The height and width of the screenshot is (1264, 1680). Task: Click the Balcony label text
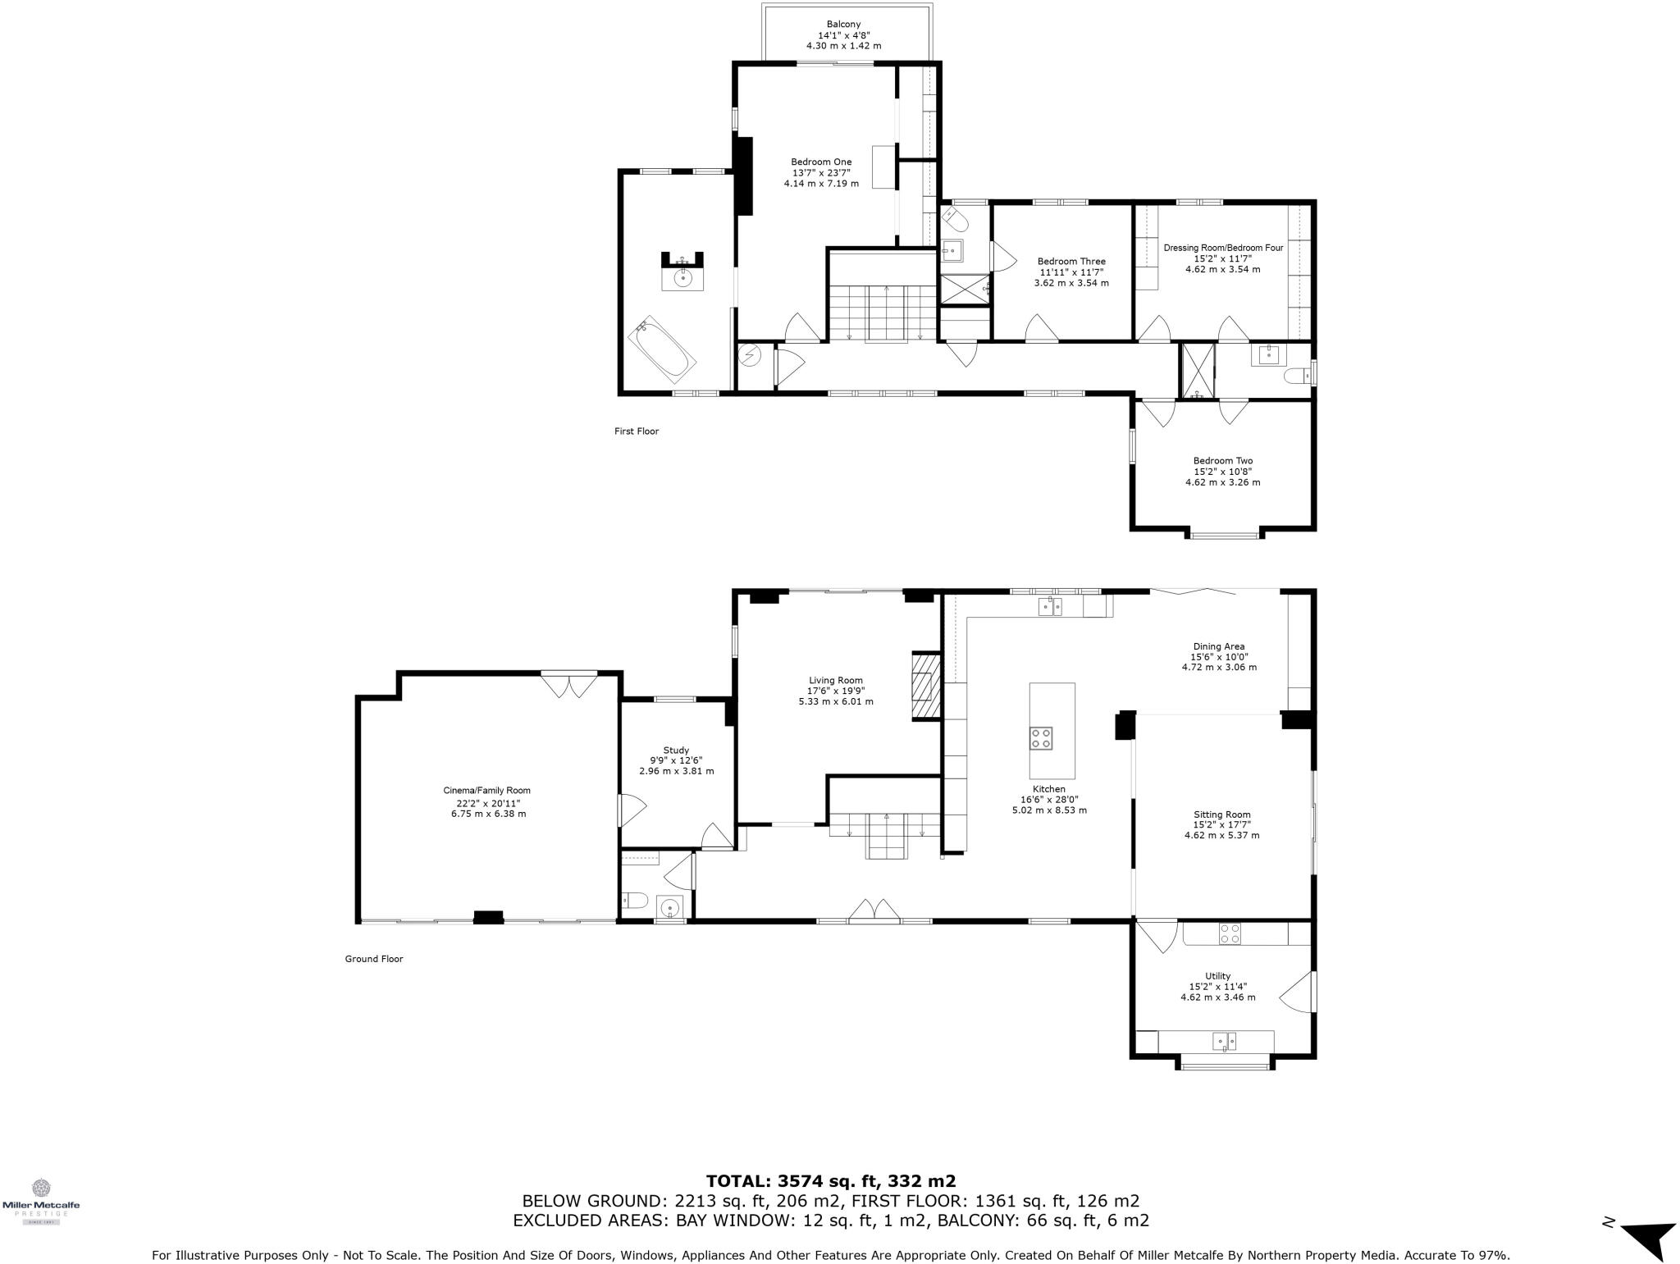pos(843,25)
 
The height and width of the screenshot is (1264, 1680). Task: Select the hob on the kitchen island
pos(1041,737)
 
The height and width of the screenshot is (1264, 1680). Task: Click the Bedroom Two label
pos(1222,461)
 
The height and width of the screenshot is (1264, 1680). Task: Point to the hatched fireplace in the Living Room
pos(926,686)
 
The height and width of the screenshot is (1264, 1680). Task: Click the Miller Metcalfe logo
pos(41,1200)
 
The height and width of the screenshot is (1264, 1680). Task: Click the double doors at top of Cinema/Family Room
pos(568,685)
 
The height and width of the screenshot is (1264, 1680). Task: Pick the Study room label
pos(676,750)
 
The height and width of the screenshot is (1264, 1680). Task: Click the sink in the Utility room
pos(1225,1041)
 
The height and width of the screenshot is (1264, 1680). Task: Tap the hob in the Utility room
pos(1230,933)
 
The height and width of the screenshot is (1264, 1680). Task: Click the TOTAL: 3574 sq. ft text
pos(830,1181)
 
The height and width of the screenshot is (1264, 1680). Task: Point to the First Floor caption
pos(637,431)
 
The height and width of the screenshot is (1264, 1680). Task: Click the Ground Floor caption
pos(374,958)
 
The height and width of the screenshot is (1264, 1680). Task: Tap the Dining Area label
pos(1218,646)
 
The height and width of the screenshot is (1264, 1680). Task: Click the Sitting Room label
pos(1221,815)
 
